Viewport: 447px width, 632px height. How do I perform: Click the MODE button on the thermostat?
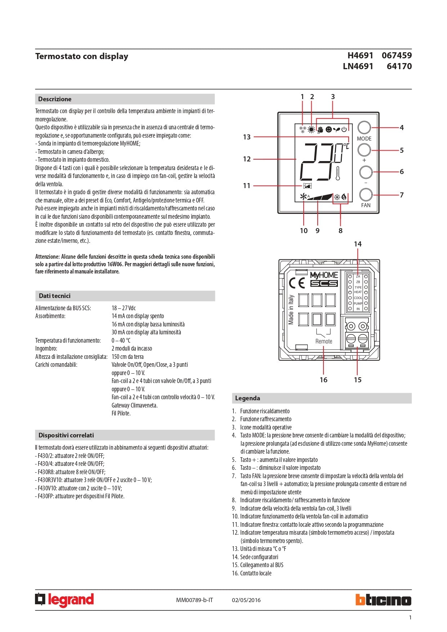tap(364, 128)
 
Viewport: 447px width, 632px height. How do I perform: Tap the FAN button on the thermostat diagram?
tap(366, 195)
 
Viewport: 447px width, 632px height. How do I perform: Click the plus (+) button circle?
tap(364, 150)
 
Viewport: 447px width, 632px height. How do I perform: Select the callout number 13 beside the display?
tap(247, 137)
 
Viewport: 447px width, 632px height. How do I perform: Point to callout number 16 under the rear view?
tap(323, 380)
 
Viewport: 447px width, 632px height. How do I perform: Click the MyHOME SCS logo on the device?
tap(324, 279)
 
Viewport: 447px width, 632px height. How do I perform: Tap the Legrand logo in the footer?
tap(64, 600)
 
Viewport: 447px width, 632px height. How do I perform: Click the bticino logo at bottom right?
tap(383, 600)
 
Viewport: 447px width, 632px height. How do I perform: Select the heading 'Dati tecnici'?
tap(55, 296)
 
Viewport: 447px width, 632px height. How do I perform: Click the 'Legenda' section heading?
tap(247, 398)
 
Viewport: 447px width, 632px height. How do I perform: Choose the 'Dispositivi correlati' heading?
tap(66, 435)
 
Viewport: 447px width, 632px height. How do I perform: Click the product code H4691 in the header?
tap(360, 55)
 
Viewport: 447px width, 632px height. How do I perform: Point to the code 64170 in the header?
tap(399, 66)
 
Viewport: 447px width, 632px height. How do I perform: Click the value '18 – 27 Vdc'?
tap(124, 308)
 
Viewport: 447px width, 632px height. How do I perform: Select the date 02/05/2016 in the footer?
tap(246, 600)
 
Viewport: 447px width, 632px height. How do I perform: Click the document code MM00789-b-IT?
tap(195, 600)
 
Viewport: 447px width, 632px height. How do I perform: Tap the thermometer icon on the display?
tap(338, 173)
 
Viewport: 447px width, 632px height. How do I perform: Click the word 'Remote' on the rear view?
tap(323, 341)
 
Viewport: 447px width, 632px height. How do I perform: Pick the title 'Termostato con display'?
tap(82, 56)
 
